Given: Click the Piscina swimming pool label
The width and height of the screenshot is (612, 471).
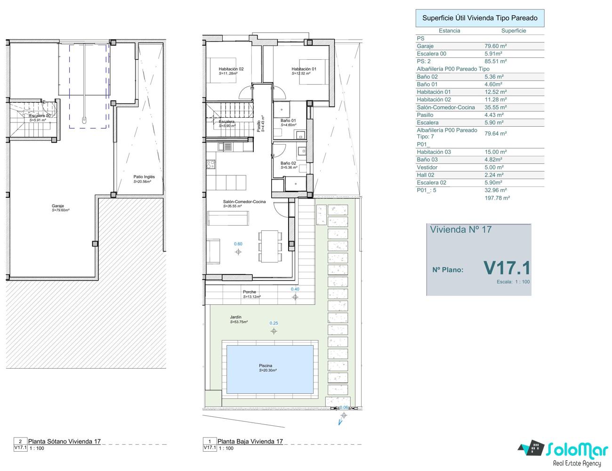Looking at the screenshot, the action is pos(266,365).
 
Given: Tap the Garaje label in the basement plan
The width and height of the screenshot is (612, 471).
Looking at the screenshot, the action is pos(58,206).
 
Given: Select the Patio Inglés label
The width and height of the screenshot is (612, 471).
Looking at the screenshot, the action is pos(144,177).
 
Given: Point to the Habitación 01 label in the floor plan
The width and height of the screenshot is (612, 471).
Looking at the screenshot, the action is pos(304,69).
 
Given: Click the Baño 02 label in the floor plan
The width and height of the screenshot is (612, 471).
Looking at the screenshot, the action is pos(288,163).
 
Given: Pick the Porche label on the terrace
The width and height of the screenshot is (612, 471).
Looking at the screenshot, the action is pos(250,292).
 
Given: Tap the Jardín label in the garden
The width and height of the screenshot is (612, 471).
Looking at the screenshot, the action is pos(235,317).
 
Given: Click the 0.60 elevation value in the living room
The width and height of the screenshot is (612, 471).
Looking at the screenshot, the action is pos(238,244).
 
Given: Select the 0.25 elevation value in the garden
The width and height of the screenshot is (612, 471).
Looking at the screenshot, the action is pos(274,323).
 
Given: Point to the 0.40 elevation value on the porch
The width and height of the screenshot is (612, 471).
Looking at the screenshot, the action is pos(295,289).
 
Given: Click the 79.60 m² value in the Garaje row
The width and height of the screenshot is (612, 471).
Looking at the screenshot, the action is pos(496,46).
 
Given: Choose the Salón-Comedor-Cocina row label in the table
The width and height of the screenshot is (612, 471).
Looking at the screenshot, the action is pos(446,107).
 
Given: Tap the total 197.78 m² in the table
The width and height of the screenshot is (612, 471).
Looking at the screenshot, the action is pos(497,198).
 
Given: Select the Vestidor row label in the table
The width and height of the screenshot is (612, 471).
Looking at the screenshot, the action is pos(427,167).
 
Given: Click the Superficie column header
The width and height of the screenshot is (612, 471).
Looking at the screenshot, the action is pos(514,31).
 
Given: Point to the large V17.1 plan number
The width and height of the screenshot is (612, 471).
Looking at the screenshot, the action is pos(507,268).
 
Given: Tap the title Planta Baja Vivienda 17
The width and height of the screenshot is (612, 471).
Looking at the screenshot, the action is pos(250,441).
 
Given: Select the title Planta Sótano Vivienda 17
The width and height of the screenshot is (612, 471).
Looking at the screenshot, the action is pos(64,441).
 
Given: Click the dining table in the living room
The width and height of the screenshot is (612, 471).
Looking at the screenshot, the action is pos(270,246).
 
